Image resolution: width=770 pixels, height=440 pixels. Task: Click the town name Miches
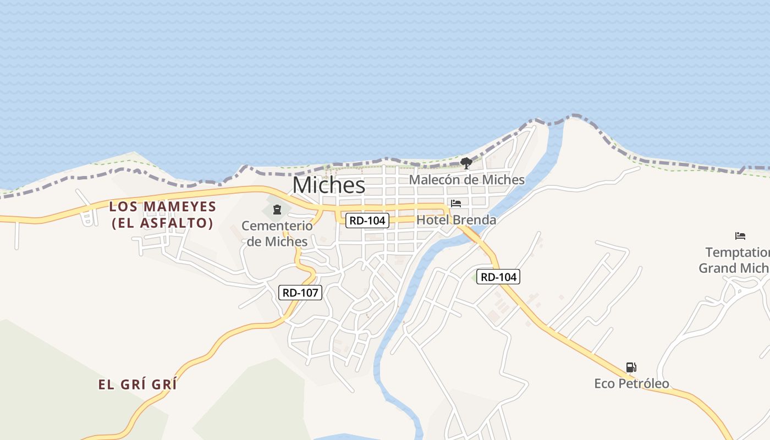click(328, 185)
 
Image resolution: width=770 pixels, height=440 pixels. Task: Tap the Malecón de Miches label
click(466, 180)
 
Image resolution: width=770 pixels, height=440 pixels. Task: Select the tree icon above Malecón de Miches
click(466, 163)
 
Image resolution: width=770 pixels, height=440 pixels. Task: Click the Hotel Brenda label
click(456, 220)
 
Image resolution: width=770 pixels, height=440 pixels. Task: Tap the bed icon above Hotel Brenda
click(456, 204)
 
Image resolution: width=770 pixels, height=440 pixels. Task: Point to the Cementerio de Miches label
click(277, 233)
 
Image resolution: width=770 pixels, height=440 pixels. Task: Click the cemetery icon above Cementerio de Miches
click(277, 209)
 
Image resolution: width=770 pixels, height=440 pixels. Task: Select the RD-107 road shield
click(300, 293)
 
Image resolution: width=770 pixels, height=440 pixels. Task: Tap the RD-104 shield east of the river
click(499, 277)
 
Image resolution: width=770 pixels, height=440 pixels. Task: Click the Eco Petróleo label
click(631, 383)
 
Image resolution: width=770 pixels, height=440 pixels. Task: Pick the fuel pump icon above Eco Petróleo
click(631, 367)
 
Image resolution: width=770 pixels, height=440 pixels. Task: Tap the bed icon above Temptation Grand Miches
click(740, 237)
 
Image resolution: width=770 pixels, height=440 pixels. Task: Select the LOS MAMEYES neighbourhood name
click(162, 207)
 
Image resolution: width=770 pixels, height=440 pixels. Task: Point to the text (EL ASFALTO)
click(162, 223)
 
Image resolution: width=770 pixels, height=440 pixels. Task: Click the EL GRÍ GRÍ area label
click(137, 384)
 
